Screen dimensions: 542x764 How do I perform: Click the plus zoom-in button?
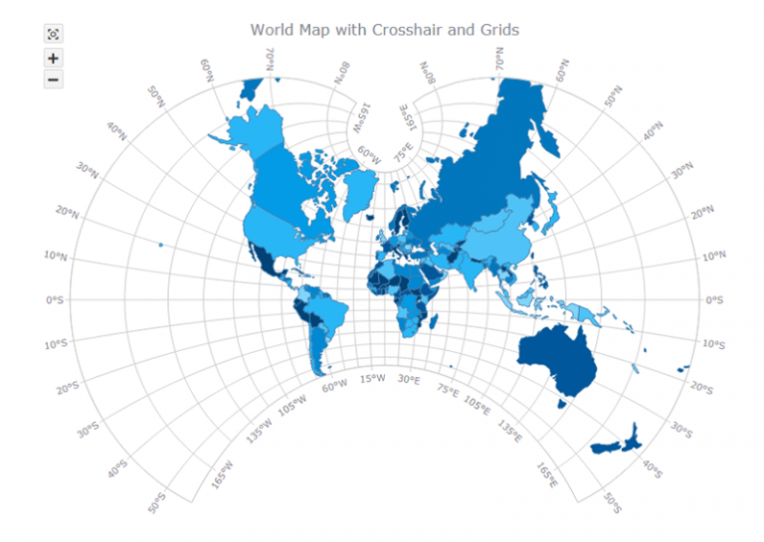53,58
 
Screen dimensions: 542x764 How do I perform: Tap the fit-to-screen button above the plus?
53,35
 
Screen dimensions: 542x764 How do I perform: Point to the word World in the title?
272,30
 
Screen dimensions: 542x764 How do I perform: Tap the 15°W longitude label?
373,379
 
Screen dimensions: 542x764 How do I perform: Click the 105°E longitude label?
477,407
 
